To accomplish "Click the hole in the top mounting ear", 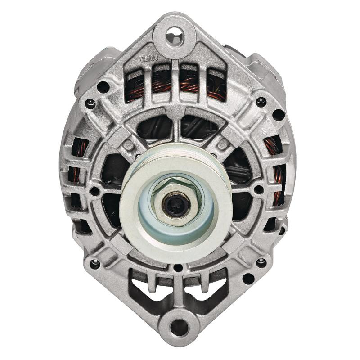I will pyautogui.click(x=174, y=32).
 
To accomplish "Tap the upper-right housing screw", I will pyautogui.click(x=260, y=100).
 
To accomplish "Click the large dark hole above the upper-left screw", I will pyautogui.click(x=103, y=86).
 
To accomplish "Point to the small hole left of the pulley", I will pyautogui.click(x=95, y=191).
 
